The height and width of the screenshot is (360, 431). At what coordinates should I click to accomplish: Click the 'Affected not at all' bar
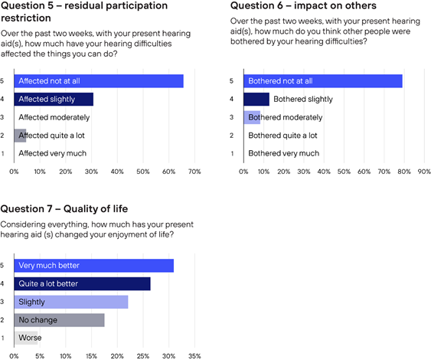[x=99, y=81]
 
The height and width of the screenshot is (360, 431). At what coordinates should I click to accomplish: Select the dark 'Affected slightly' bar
[x=54, y=100]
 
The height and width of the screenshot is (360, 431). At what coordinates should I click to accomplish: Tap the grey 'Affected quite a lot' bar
[x=20, y=136]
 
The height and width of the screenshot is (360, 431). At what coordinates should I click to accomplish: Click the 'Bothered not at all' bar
[x=323, y=81]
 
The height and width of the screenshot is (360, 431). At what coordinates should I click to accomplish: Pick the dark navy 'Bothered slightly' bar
[x=256, y=100]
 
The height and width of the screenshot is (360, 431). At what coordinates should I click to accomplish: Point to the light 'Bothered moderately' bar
[x=252, y=117]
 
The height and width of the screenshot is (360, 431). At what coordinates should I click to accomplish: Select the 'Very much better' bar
[x=94, y=266]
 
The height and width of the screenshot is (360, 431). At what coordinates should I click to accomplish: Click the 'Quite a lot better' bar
[x=82, y=284]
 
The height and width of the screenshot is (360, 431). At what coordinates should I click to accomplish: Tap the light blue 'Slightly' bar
[x=71, y=302]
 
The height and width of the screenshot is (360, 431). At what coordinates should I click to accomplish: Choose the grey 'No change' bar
[x=60, y=320]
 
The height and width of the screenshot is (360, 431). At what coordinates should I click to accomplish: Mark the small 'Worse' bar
[x=26, y=338]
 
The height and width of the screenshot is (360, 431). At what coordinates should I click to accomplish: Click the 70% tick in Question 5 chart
[x=194, y=172]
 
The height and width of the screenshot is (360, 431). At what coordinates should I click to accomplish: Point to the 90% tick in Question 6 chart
[x=424, y=172]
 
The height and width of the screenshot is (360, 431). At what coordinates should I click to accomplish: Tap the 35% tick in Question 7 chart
[x=194, y=356]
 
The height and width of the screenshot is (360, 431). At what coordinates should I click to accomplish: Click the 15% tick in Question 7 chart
[x=91, y=356]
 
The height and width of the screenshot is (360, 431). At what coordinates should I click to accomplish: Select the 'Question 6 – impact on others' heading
[x=303, y=5]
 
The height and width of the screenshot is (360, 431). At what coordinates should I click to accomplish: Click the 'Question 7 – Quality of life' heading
[x=64, y=209]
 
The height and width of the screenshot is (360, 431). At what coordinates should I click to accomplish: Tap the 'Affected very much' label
[x=53, y=153]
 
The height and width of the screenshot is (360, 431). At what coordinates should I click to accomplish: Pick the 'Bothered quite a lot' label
[x=282, y=136]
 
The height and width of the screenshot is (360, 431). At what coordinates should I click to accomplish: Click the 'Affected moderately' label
[x=54, y=117]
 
